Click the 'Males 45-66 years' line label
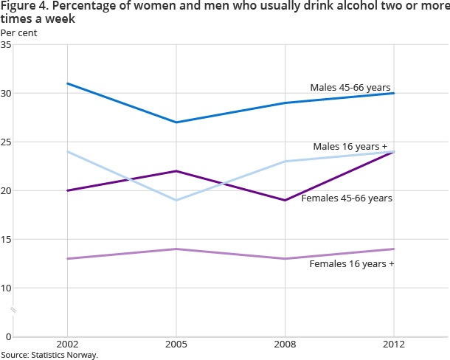pyautogui.click(x=350, y=87)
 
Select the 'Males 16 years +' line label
pyautogui.click(x=350, y=147)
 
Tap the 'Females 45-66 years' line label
pyautogui.click(x=347, y=198)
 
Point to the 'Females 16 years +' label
pyautogui.click(x=352, y=263)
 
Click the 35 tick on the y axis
pyautogui.click(x=6, y=45)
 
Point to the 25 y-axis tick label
pyautogui.click(x=6, y=142)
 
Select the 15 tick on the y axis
pyautogui.click(x=6, y=239)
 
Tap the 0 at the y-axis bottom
pyautogui.click(x=8, y=336)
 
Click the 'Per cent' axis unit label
pyautogui.click(x=18, y=32)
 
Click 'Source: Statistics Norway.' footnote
pyautogui.click(x=49, y=355)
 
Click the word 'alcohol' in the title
pyautogui.click(x=300, y=7)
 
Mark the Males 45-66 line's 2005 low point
pyautogui.click(x=176, y=122)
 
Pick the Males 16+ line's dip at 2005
pyautogui.click(x=176, y=200)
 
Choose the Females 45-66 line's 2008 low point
pyautogui.click(x=285, y=200)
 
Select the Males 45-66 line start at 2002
pyautogui.click(x=67, y=83)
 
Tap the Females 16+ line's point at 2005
pyautogui.click(x=176, y=249)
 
